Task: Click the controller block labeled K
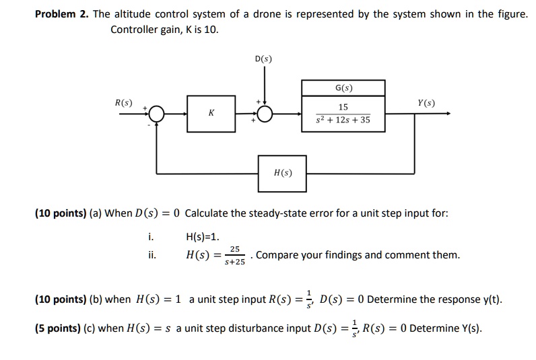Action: [x=211, y=114]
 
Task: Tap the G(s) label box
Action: [x=343, y=88]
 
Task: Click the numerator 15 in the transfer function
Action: [x=343, y=107]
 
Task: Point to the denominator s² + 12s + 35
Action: [x=343, y=120]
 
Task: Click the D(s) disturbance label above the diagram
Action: [x=263, y=59]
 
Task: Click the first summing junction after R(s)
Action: [x=157, y=114]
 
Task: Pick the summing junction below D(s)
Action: [x=263, y=114]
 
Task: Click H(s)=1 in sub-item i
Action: [x=203, y=236]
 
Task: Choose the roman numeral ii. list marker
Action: [x=152, y=255]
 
